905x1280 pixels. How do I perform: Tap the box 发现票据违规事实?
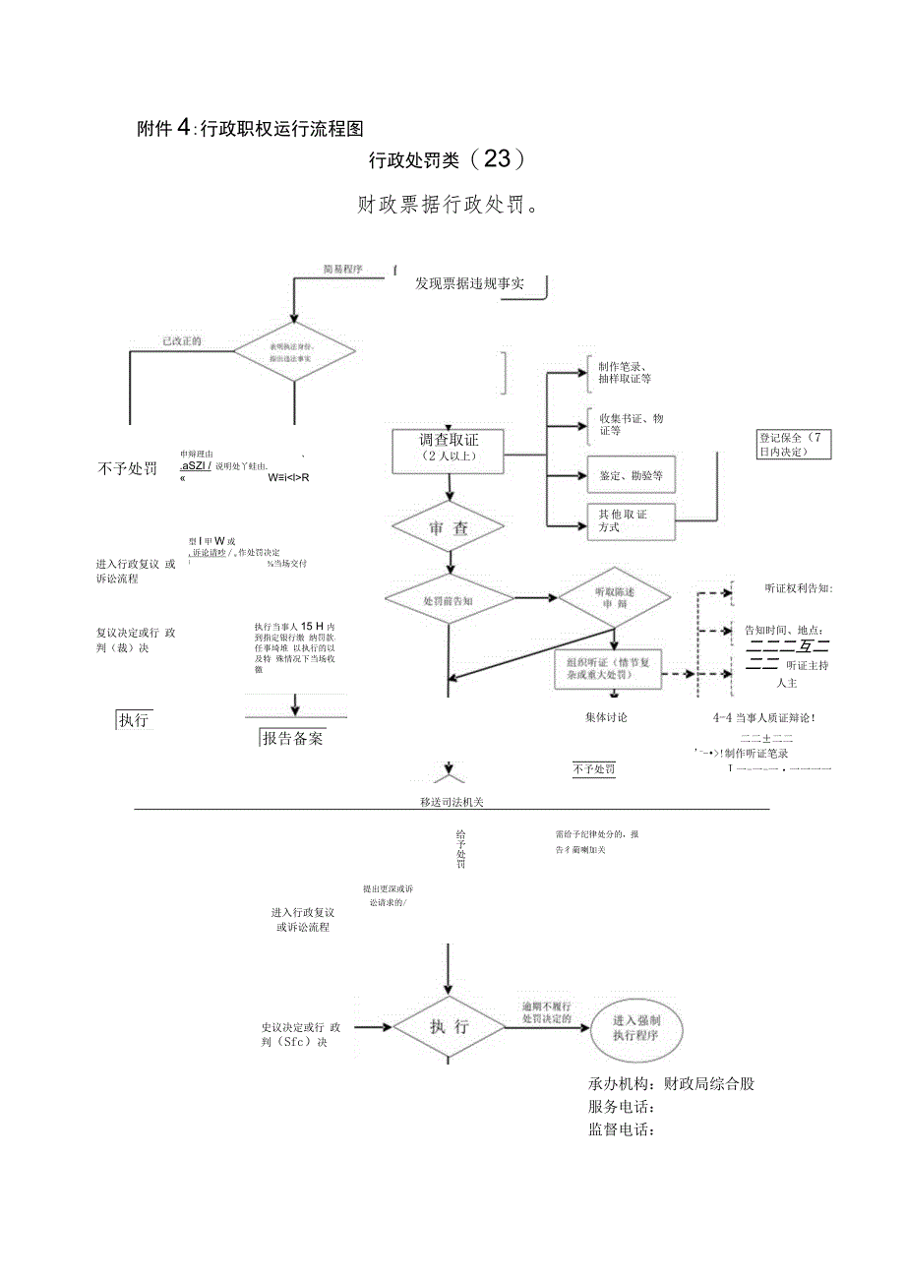(x=469, y=284)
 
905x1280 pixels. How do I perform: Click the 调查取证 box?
(x=450, y=449)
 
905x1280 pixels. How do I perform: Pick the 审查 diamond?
(x=450, y=528)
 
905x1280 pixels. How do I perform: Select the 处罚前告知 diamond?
(x=449, y=599)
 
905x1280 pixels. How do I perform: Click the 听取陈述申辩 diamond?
(x=615, y=598)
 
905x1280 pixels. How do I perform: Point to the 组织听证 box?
(x=605, y=669)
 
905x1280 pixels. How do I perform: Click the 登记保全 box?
(x=793, y=444)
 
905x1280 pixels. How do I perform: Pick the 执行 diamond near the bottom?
(x=449, y=1027)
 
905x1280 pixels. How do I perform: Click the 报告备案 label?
(x=292, y=738)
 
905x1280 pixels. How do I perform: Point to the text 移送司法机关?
(x=452, y=802)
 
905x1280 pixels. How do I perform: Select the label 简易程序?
(x=343, y=269)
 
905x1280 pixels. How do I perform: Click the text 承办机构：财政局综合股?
(x=671, y=1083)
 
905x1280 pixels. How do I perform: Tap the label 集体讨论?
(x=605, y=717)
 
